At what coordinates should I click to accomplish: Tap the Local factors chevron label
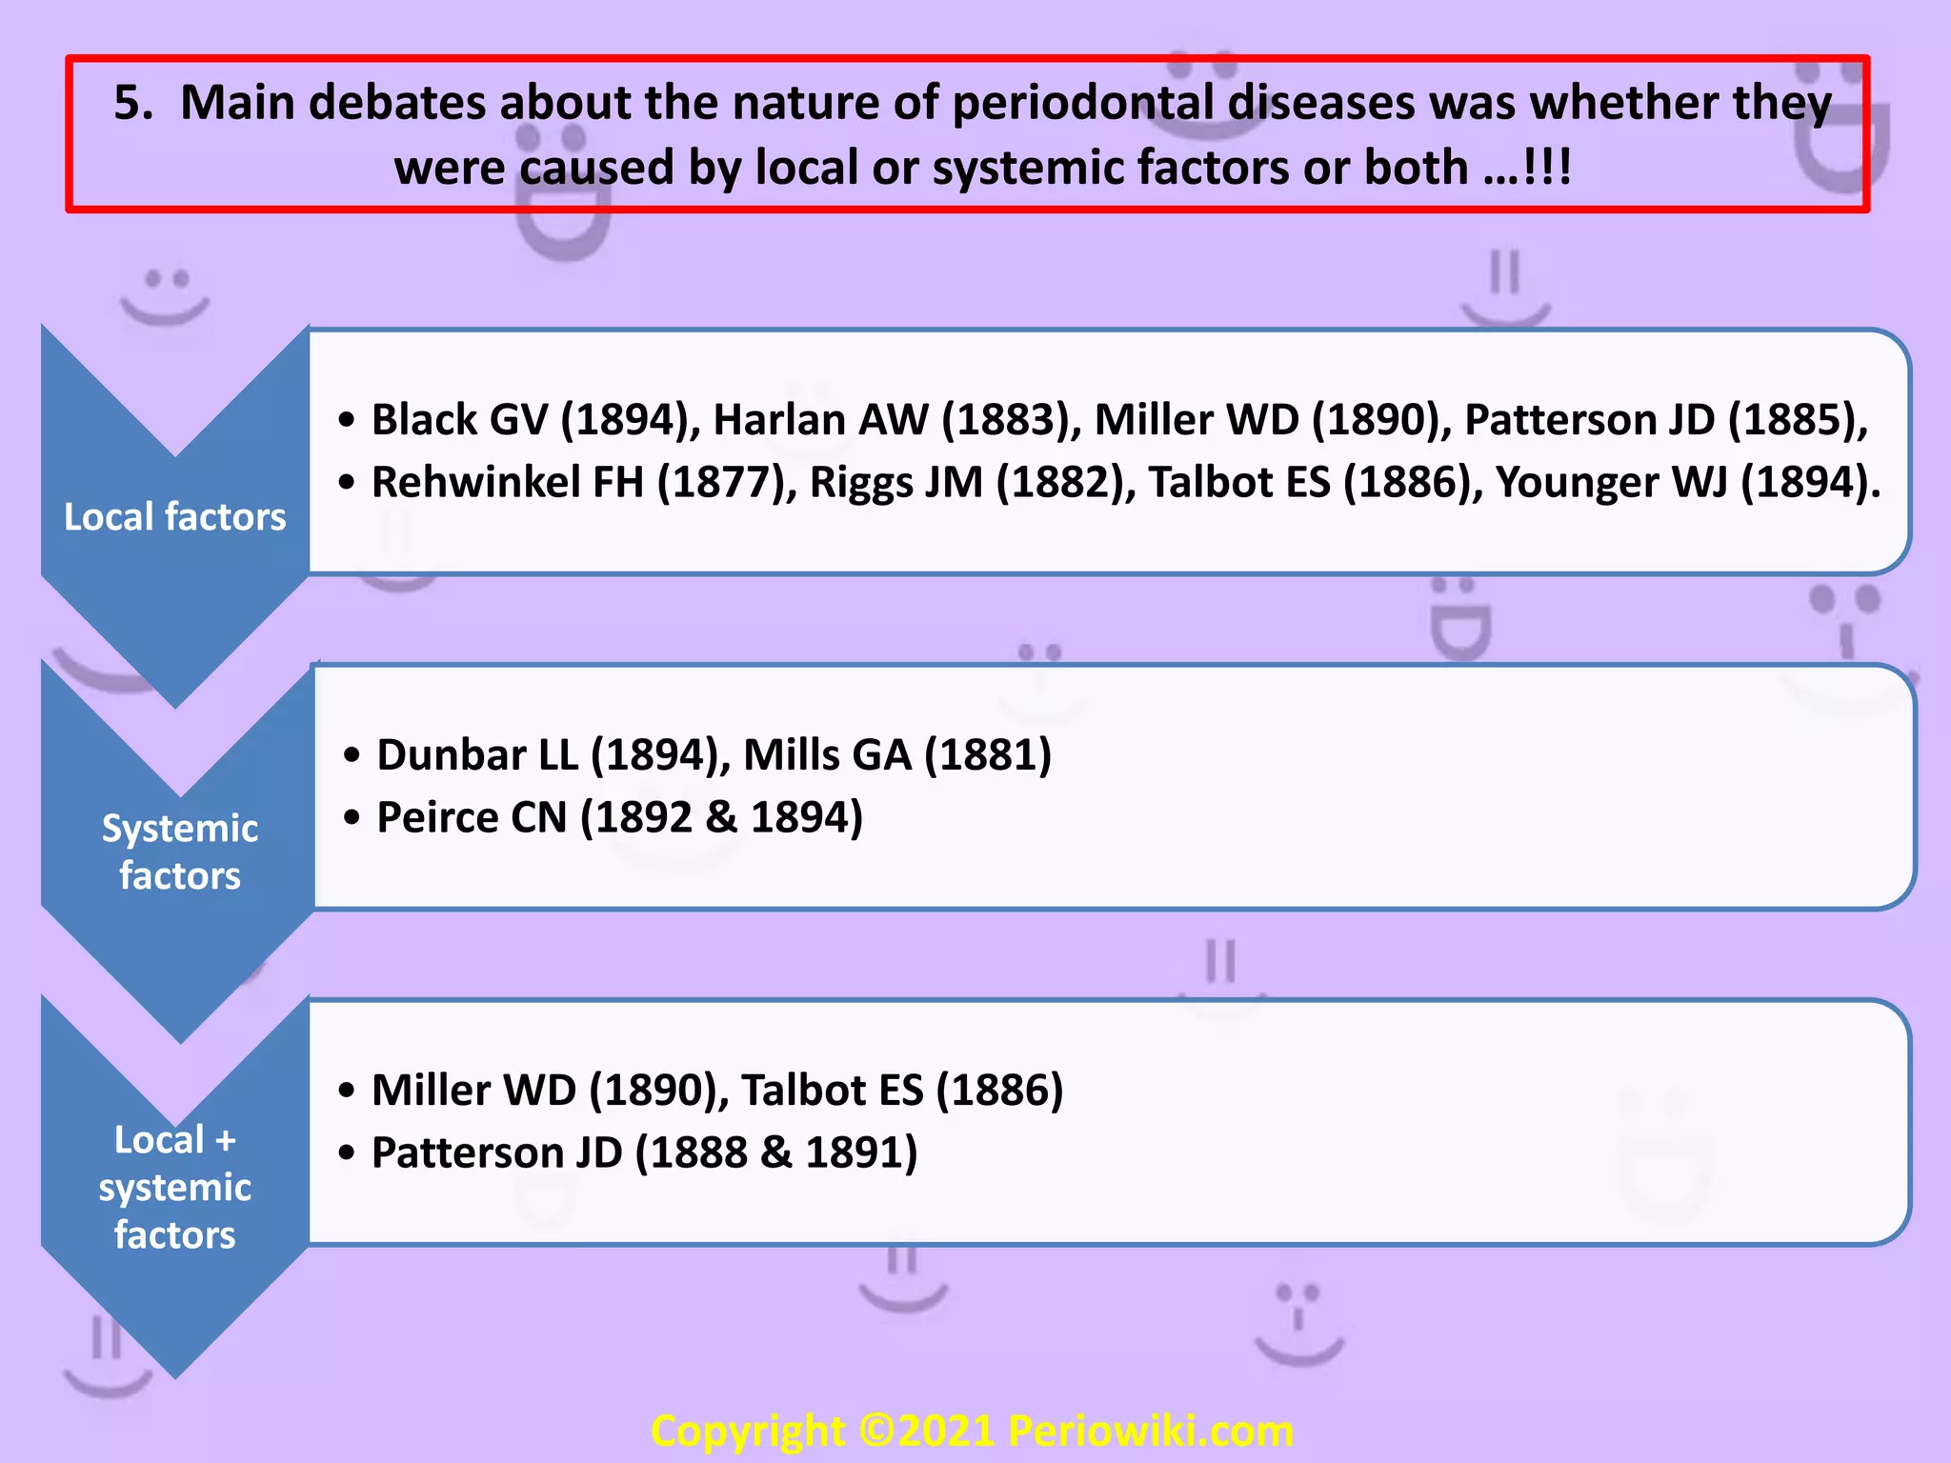pos(174,517)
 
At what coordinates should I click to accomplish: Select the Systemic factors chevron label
pos(179,852)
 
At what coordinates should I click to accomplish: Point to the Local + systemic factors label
pos(174,1187)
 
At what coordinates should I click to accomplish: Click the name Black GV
pos(459,420)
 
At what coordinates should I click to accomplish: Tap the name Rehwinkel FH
pos(507,483)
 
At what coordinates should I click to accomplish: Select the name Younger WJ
pos(1610,483)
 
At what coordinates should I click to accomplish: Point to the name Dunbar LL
pos(476,755)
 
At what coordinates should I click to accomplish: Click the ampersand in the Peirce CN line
pos(721,818)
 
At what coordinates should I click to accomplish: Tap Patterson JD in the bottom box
pos(496,1153)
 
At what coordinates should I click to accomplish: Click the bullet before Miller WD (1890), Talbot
pos(347,1092)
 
